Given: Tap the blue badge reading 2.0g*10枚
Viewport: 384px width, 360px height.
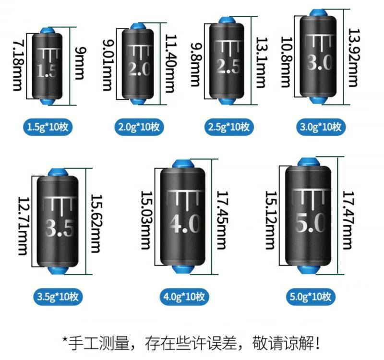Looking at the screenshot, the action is [139, 127].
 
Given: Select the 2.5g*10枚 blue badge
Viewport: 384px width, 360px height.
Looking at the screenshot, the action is [228, 127].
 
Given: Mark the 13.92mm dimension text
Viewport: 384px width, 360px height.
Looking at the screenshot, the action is [353, 57].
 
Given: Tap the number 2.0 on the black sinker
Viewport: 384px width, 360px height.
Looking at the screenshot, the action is [139, 70].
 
